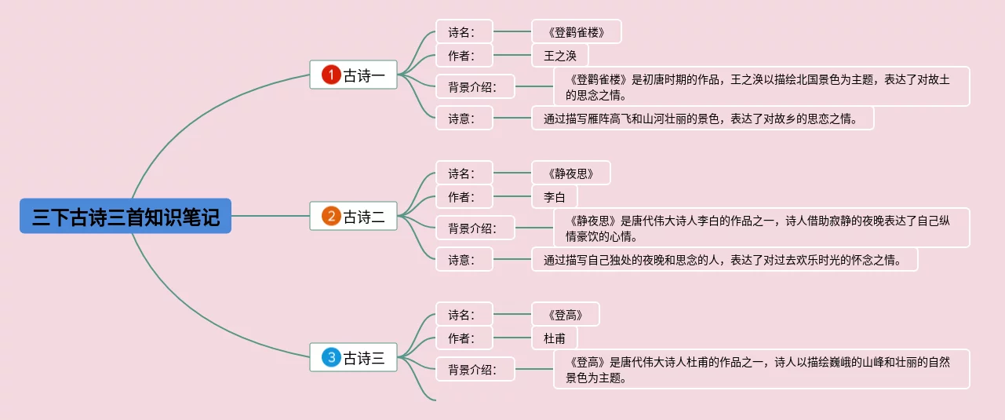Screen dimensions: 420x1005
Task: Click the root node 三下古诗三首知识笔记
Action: point(126,216)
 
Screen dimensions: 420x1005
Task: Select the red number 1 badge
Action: point(332,75)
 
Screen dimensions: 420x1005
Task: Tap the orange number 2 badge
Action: point(332,217)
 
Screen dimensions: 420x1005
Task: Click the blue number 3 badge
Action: point(332,358)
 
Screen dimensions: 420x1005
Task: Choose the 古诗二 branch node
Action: point(364,217)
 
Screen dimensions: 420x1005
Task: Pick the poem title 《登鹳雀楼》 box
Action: point(576,31)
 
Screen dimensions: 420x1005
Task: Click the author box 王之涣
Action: point(559,55)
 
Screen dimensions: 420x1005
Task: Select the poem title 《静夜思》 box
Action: point(570,173)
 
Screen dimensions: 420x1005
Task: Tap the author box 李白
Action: point(554,196)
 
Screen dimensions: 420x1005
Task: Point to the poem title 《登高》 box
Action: point(565,314)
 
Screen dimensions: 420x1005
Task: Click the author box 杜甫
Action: point(554,338)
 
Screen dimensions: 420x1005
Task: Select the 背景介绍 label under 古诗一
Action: point(475,86)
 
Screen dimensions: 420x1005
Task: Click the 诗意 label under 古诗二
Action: point(464,259)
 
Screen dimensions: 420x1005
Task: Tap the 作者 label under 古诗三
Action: point(464,338)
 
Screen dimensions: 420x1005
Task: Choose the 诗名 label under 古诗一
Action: point(464,31)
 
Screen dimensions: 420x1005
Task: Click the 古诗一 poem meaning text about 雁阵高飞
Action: point(702,119)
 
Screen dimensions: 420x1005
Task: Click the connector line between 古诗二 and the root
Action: point(271,216)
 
